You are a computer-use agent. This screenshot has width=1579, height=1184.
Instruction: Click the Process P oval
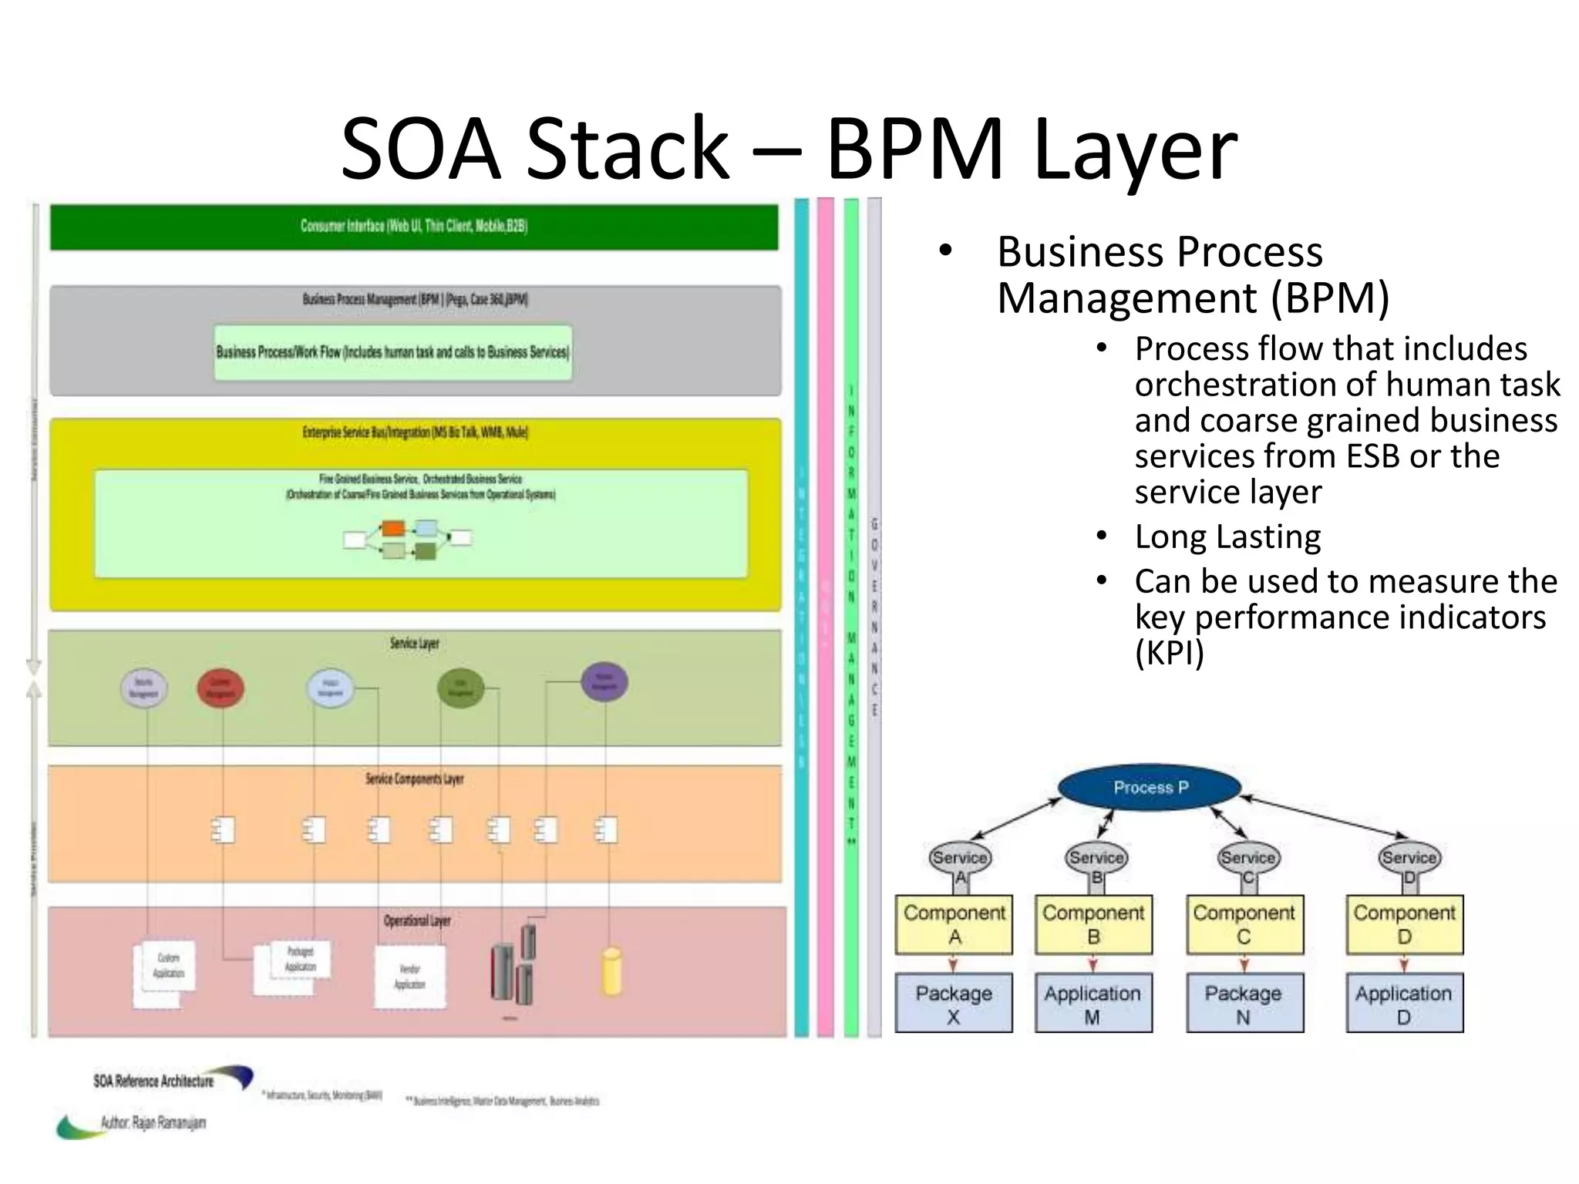[x=1150, y=788]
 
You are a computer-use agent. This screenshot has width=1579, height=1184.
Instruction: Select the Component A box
[x=954, y=924]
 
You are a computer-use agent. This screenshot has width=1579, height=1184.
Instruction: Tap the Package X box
[x=954, y=1004]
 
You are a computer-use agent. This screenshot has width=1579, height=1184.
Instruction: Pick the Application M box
[x=1093, y=1004]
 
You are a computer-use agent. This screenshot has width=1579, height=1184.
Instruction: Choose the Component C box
[x=1244, y=924]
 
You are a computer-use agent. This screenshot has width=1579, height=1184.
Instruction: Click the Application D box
[x=1404, y=1004]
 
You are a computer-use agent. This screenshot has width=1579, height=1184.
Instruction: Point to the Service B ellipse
[x=1096, y=858]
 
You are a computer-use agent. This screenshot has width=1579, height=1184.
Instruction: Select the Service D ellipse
[x=1409, y=858]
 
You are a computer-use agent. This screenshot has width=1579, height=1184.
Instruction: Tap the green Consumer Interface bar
[x=414, y=227]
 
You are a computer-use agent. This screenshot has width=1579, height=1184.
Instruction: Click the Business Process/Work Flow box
[x=393, y=352]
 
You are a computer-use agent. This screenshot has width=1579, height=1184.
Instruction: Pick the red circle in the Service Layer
[x=221, y=688]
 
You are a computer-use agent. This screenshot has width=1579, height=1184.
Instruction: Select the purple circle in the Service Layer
[x=604, y=682]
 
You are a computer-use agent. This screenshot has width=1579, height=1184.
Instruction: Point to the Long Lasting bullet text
[x=1227, y=536]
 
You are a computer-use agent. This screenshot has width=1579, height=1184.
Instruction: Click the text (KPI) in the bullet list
[x=1169, y=652]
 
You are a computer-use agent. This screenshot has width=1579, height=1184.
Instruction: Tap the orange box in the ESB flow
[x=393, y=529]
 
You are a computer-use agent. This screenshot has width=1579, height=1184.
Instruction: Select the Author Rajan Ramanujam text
[x=153, y=1122]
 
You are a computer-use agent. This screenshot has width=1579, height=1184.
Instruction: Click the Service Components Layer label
[x=414, y=779]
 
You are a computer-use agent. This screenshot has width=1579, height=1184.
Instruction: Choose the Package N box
[x=1244, y=1004]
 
